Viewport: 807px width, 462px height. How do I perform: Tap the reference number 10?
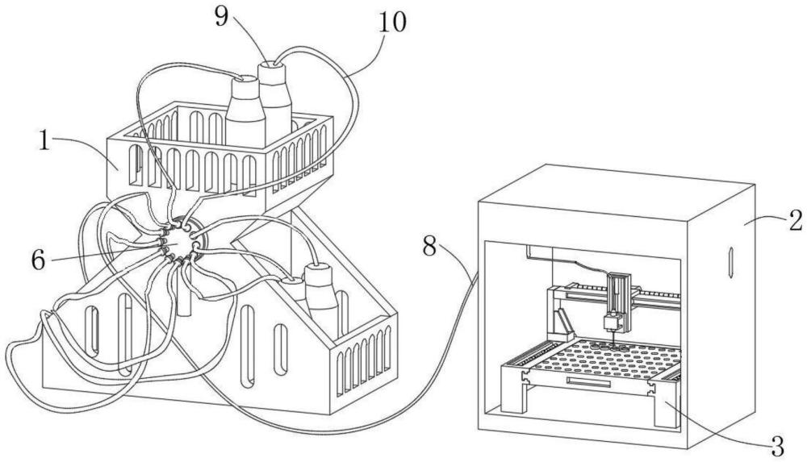(393, 21)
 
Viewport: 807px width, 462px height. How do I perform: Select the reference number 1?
(46, 140)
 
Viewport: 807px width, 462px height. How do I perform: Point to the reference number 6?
(38, 260)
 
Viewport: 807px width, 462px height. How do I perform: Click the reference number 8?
(430, 247)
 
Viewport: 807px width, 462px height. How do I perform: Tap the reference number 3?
(777, 447)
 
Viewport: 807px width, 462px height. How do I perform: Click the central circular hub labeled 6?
(178, 242)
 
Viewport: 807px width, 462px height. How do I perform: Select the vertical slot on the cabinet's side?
(730, 262)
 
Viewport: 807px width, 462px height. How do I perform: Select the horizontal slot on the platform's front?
(588, 382)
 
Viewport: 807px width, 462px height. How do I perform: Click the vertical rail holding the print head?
(618, 297)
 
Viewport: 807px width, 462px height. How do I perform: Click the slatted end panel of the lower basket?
(363, 364)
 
